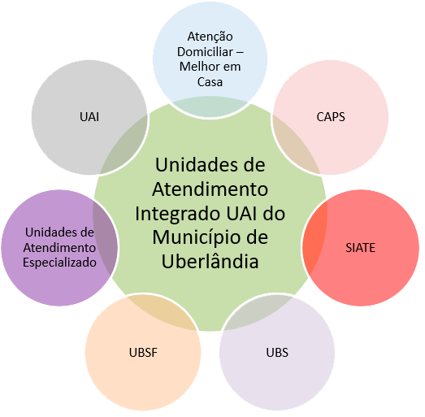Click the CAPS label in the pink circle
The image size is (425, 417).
click(331, 117)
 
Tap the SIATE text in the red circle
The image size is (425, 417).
click(361, 248)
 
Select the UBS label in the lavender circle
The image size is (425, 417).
click(277, 353)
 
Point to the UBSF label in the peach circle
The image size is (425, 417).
click(142, 353)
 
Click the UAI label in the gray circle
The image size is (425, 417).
click(89, 117)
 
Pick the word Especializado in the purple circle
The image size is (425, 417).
click(59, 263)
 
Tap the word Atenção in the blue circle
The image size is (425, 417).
click(210, 37)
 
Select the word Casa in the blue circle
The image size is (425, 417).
click(210, 82)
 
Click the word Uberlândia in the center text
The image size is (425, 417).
click(210, 262)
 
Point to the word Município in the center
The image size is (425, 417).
click(192, 237)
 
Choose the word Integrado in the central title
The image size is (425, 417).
click(171, 214)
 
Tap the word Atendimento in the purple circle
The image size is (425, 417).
click(59, 248)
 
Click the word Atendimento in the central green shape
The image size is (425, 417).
click(210, 189)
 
